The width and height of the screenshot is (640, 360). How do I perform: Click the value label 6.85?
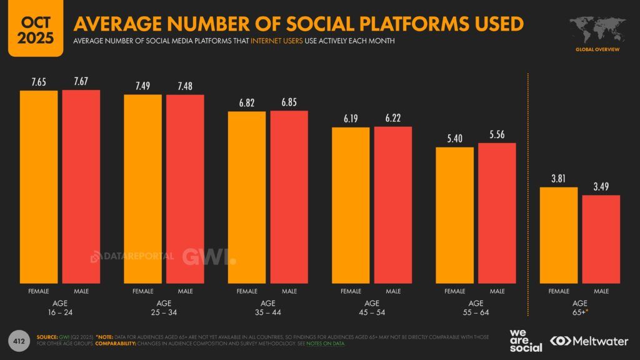click(x=289, y=102)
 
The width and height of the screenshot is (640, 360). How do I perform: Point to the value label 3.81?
click(x=559, y=178)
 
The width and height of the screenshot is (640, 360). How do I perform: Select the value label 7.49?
click(x=142, y=86)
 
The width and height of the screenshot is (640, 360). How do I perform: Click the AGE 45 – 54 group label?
click(x=372, y=308)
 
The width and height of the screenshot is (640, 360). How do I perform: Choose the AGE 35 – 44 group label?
click(x=268, y=308)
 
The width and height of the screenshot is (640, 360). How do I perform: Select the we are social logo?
click(x=525, y=340)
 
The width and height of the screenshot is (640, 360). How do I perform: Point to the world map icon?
click(x=597, y=28)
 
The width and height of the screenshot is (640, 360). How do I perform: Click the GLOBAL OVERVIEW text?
click(x=597, y=49)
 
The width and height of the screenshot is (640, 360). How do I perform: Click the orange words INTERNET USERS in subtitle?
click(x=276, y=41)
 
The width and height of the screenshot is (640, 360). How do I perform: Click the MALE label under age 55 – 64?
click(x=497, y=291)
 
